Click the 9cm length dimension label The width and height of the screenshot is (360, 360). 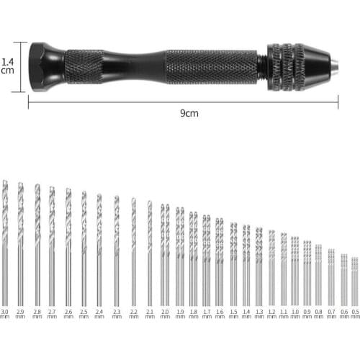[189, 113]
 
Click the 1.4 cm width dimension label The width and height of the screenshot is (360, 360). [7, 66]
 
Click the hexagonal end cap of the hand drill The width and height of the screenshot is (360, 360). [46, 66]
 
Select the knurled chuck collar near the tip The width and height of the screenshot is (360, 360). [288, 66]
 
